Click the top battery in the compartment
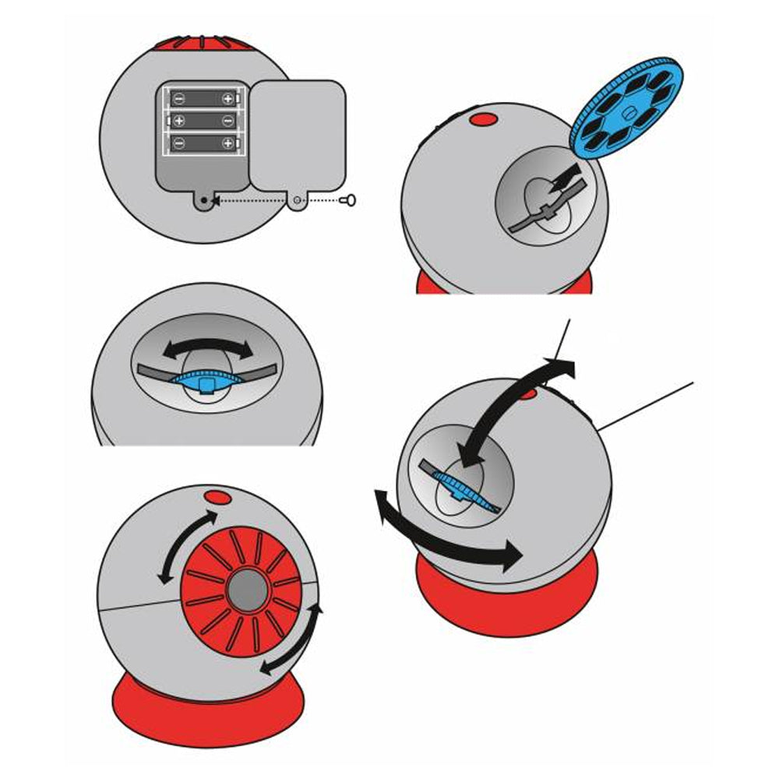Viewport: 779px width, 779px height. pyautogui.click(x=203, y=98)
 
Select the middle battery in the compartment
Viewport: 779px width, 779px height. pyautogui.click(x=203, y=121)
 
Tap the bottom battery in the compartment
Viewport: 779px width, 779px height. pyautogui.click(x=203, y=143)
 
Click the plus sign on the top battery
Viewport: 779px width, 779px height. pyautogui.click(x=227, y=98)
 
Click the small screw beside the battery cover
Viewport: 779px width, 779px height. pyautogui.click(x=351, y=200)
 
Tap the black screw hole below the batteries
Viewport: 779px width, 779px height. pyautogui.click(x=205, y=200)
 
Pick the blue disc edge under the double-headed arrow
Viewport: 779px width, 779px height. pyautogui.click(x=204, y=379)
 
